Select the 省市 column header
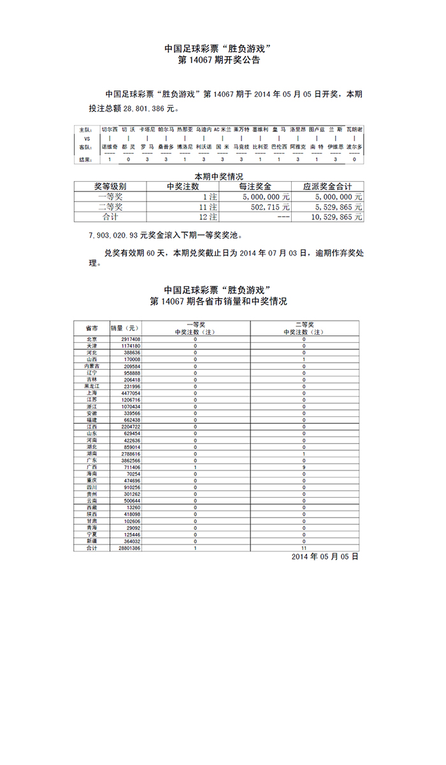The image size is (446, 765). click(91, 328)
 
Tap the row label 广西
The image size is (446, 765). click(91, 467)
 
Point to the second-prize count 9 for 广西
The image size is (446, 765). click(304, 467)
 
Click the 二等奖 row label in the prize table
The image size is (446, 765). click(110, 207)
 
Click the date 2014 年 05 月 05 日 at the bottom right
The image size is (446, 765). click(325, 557)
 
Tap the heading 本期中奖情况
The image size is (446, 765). click(219, 176)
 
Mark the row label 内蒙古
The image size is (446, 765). click(91, 366)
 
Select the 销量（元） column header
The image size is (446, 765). click(124, 328)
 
